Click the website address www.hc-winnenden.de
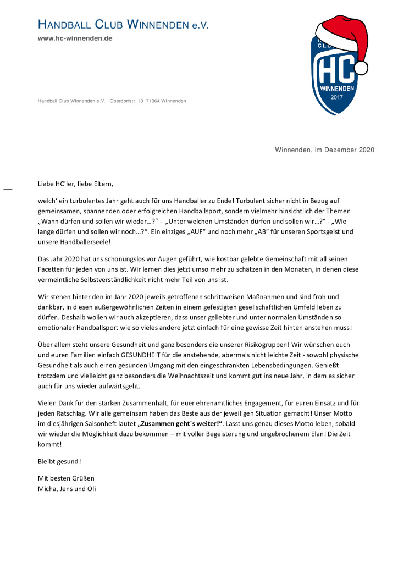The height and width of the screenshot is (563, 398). click(x=75, y=38)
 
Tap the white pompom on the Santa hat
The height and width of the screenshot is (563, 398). click(x=361, y=68)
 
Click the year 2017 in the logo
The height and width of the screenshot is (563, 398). click(x=336, y=97)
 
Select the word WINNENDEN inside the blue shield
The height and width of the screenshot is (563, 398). click(x=337, y=88)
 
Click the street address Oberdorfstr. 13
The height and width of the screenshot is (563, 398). click(x=126, y=101)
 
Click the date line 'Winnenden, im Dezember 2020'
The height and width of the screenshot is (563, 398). click(x=324, y=150)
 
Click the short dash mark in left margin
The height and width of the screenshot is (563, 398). click(x=8, y=189)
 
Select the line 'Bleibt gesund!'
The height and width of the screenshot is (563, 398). click(x=59, y=461)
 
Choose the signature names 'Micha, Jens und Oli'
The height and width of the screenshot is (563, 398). click(x=67, y=488)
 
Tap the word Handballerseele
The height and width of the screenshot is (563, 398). click(x=84, y=242)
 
